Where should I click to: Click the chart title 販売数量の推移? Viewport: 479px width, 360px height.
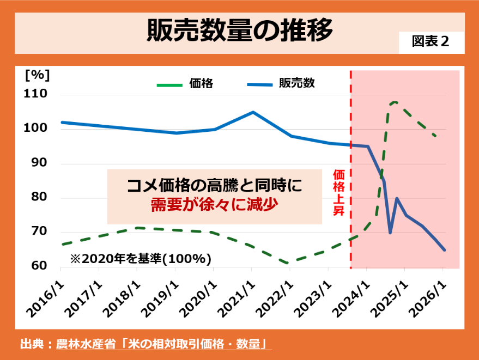[239, 31]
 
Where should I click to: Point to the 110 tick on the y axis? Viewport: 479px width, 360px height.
[36, 95]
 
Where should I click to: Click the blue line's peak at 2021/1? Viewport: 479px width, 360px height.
[253, 112]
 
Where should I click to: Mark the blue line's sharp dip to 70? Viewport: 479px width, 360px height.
[390, 233]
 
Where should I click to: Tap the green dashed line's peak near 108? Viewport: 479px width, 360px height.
[395, 102]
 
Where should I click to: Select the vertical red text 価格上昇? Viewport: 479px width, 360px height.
[338, 192]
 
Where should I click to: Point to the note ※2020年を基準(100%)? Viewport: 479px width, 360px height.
[141, 259]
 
